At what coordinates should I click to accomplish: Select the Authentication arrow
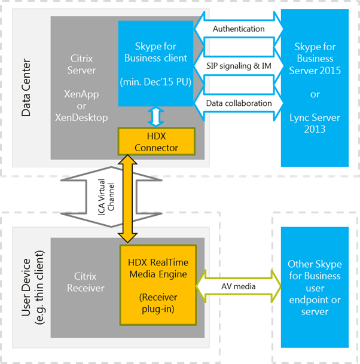click(239, 29)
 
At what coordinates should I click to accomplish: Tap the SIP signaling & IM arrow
click(239, 65)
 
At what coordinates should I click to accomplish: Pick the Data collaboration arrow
click(239, 103)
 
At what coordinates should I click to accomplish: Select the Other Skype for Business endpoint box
click(315, 287)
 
